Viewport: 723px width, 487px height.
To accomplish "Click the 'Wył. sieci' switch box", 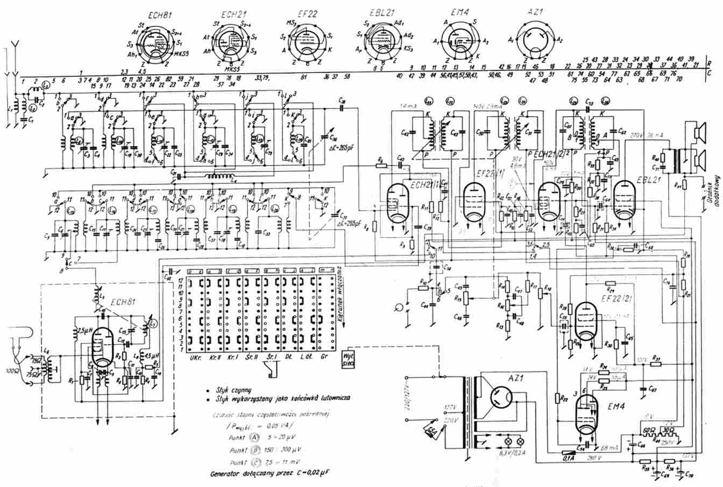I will [x=348, y=357].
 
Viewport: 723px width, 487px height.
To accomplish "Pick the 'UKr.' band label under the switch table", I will [x=196, y=356].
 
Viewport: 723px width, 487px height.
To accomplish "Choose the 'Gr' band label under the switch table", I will [x=323, y=356].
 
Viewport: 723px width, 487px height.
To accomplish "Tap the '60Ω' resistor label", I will [x=649, y=431].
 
